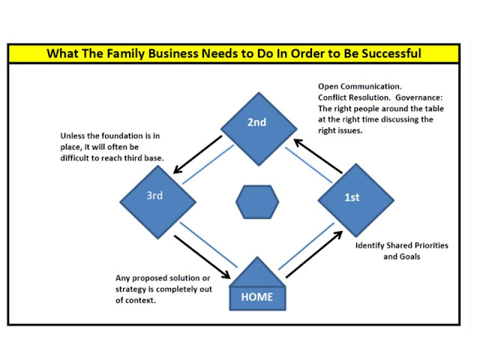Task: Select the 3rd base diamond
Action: [x=157, y=199]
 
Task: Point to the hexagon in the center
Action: [x=257, y=200]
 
